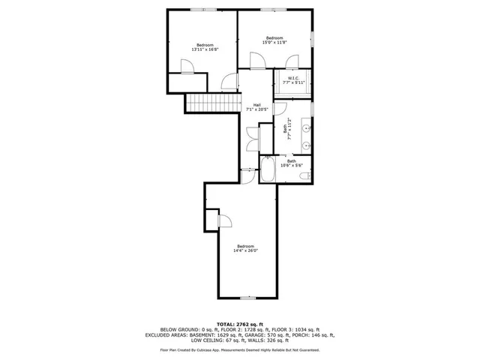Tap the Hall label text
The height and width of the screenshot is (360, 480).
coord(256,104)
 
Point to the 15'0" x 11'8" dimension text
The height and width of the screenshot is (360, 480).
coord(274,43)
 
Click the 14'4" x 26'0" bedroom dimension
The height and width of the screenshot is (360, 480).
coord(245,251)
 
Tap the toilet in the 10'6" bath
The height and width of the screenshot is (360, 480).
coord(304,175)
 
